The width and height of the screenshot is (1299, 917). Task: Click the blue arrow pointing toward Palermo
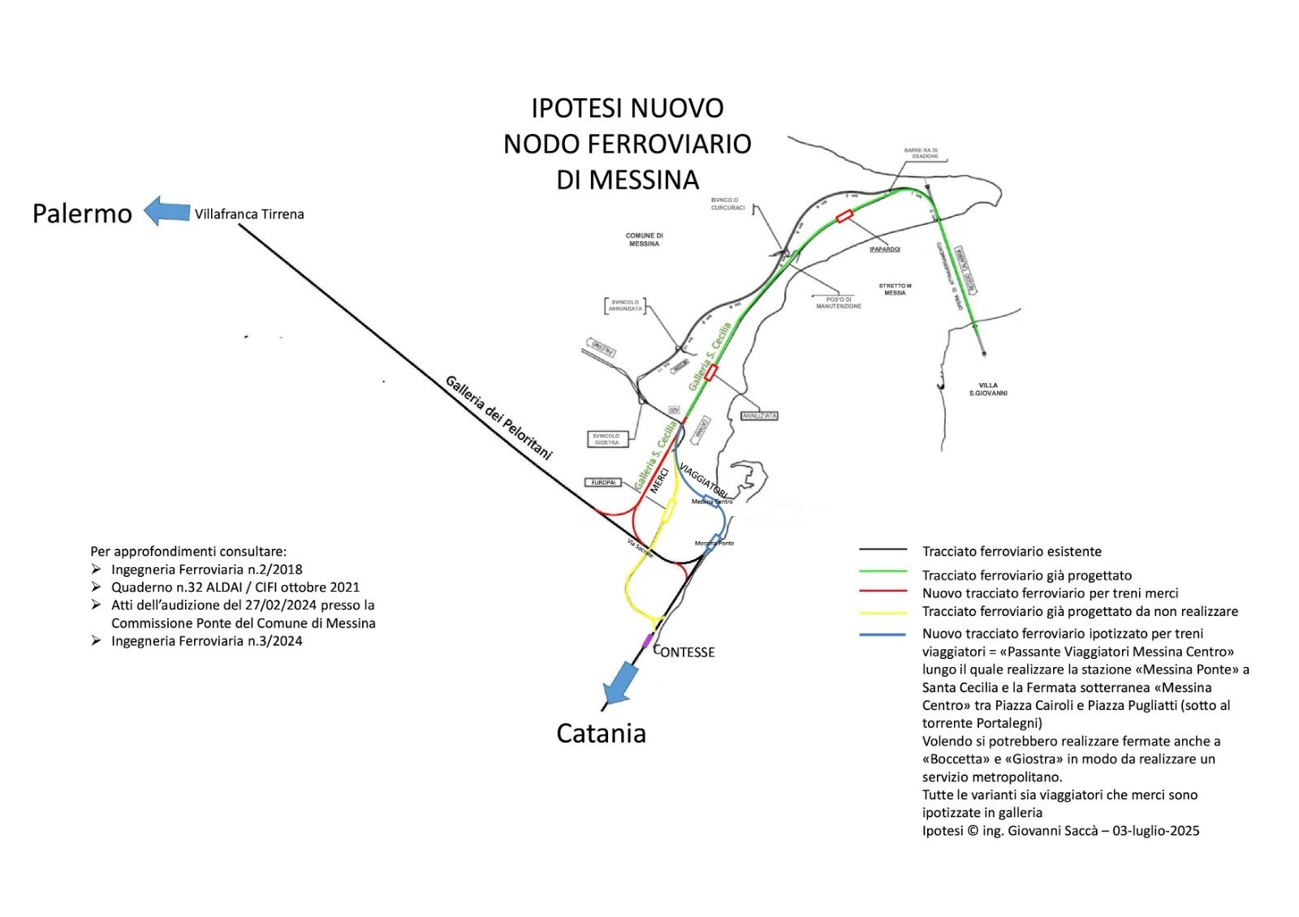(x=166, y=211)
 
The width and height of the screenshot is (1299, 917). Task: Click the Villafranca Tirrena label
(x=249, y=214)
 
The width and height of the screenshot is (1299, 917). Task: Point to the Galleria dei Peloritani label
(x=498, y=417)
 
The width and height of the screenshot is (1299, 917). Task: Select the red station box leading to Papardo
(x=844, y=216)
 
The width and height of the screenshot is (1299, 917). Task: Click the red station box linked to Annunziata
(x=711, y=372)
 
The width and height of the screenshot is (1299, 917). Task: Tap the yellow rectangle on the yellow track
(x=669, y=510)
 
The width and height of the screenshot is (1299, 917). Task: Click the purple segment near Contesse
(x=647, y=640)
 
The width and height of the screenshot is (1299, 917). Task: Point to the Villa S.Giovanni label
(x=988, y=390)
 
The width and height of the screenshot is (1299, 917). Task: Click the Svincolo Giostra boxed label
(x=606, y=439)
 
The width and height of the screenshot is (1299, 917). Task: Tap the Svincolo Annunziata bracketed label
(x=625, y=305)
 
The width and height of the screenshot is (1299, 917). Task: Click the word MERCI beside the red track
(x=659, y=480)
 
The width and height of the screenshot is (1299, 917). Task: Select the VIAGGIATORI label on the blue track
(x=702, y=480)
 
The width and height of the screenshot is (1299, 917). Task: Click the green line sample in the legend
(x=883, y=572)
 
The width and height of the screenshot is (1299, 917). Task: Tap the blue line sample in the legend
(x=883, y=634)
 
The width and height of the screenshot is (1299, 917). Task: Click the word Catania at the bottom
(x=601, y=734)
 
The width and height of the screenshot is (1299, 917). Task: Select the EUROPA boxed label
(x=603, y=483)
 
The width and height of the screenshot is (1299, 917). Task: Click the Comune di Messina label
(x=644, y=239)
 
